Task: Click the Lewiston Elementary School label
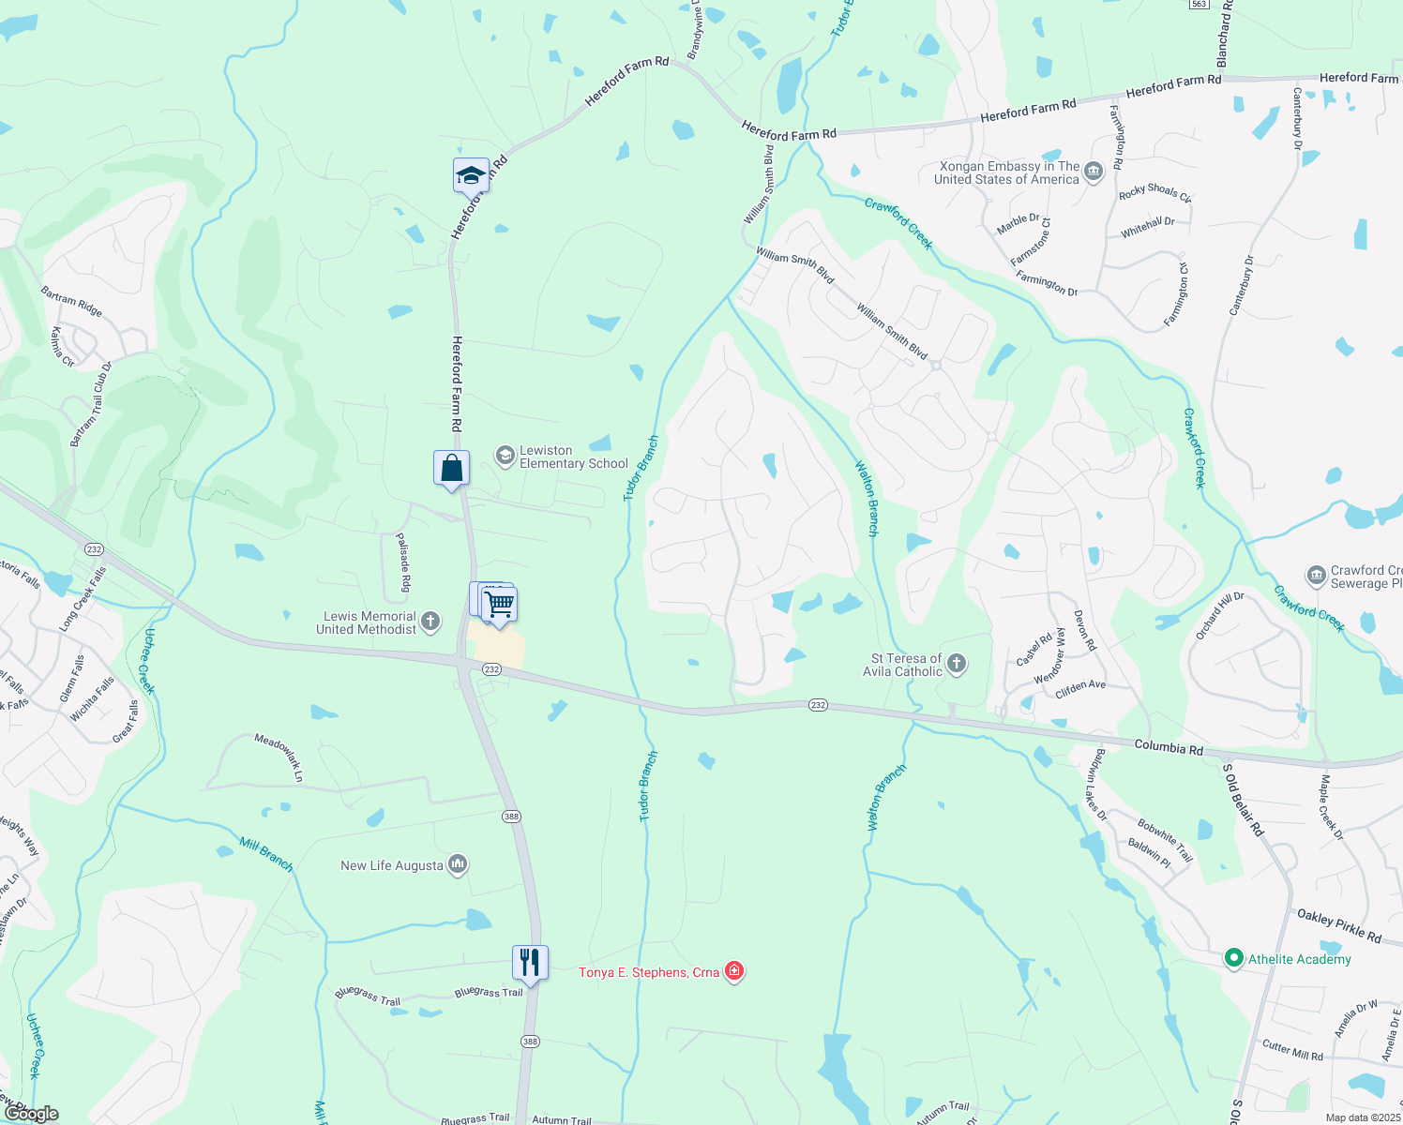pos(573,457)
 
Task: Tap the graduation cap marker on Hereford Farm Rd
pos(471,175)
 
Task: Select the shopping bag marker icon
pos(451,468)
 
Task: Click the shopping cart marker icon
pos(500,604)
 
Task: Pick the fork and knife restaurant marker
pos(530,962)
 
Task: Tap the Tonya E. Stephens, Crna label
pos(649,972)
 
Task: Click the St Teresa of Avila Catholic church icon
pos(957,665)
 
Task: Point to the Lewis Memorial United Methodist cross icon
pos(430,621)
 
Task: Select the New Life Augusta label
pos(392,865)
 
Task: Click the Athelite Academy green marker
pos(1234,959)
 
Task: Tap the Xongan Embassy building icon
pos(1093,172)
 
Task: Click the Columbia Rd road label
pos(1169,748)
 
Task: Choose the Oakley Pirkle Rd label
pos(1338,925)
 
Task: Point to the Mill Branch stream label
pos(266,853)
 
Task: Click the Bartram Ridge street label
pos(71,302)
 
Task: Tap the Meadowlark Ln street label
pos(279,757)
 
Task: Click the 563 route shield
pos(1197,5)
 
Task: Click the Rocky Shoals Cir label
pos(1154,193)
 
